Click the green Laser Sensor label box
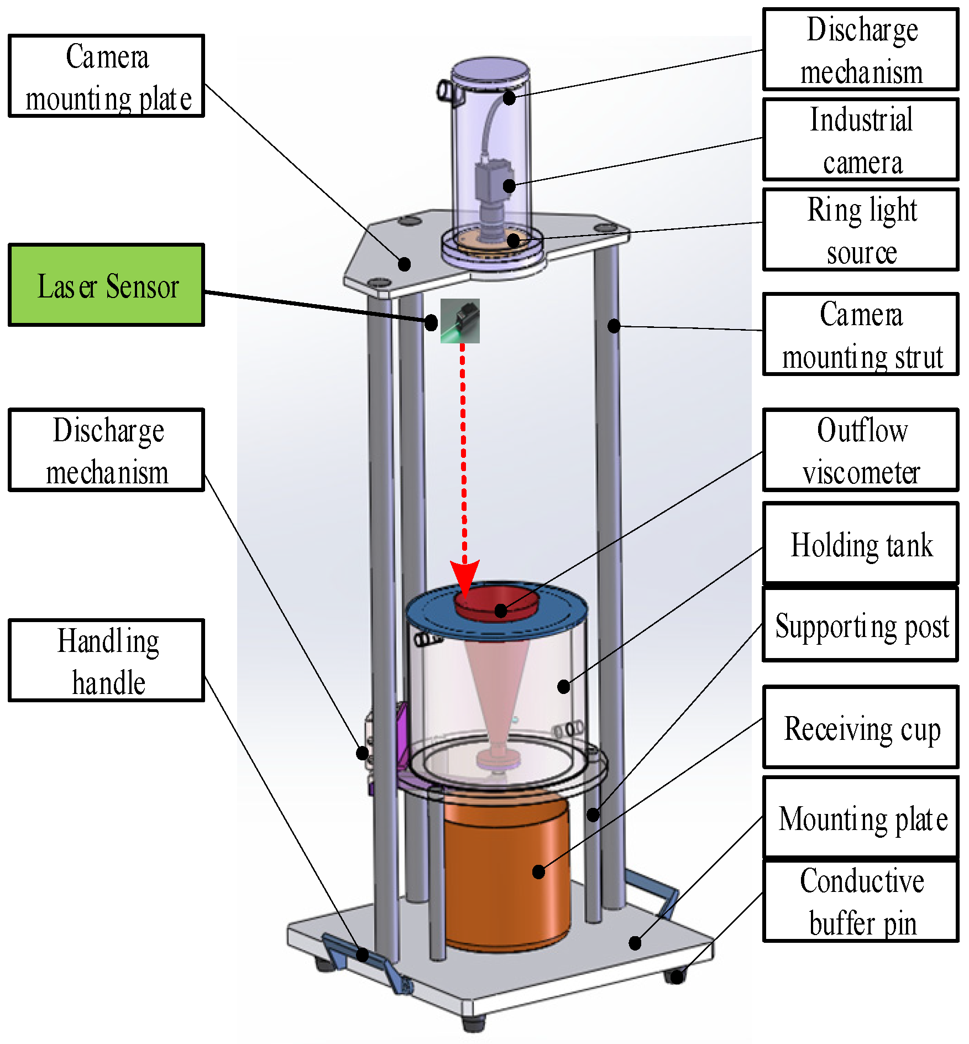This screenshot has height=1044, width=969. click(x=107, y=285)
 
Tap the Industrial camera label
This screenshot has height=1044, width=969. click(x=860, y=140)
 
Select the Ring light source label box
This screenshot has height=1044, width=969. click(x=860, y=230)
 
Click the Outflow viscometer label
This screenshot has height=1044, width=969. click(x=860, y=450)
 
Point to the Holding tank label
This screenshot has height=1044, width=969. click(x=860, y=544)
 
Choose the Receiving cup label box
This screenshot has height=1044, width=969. click(x=860, y=728)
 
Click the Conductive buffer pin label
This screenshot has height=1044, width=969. click(x=860, y=901)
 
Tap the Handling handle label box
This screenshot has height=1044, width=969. click(x=107, y=661)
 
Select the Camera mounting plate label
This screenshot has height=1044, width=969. click(x=107, y=76)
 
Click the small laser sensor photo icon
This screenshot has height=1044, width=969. click(x=460, y=321)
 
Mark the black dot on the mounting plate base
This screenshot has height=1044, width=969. click(x=635, y=943)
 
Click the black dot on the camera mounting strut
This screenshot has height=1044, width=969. click(x=614, y=326)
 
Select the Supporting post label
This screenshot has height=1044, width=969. click(x=860, y=625)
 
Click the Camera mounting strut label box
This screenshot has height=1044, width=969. click(x=860, y=335)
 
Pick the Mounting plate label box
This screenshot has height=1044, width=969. click(x=860, y=817)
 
